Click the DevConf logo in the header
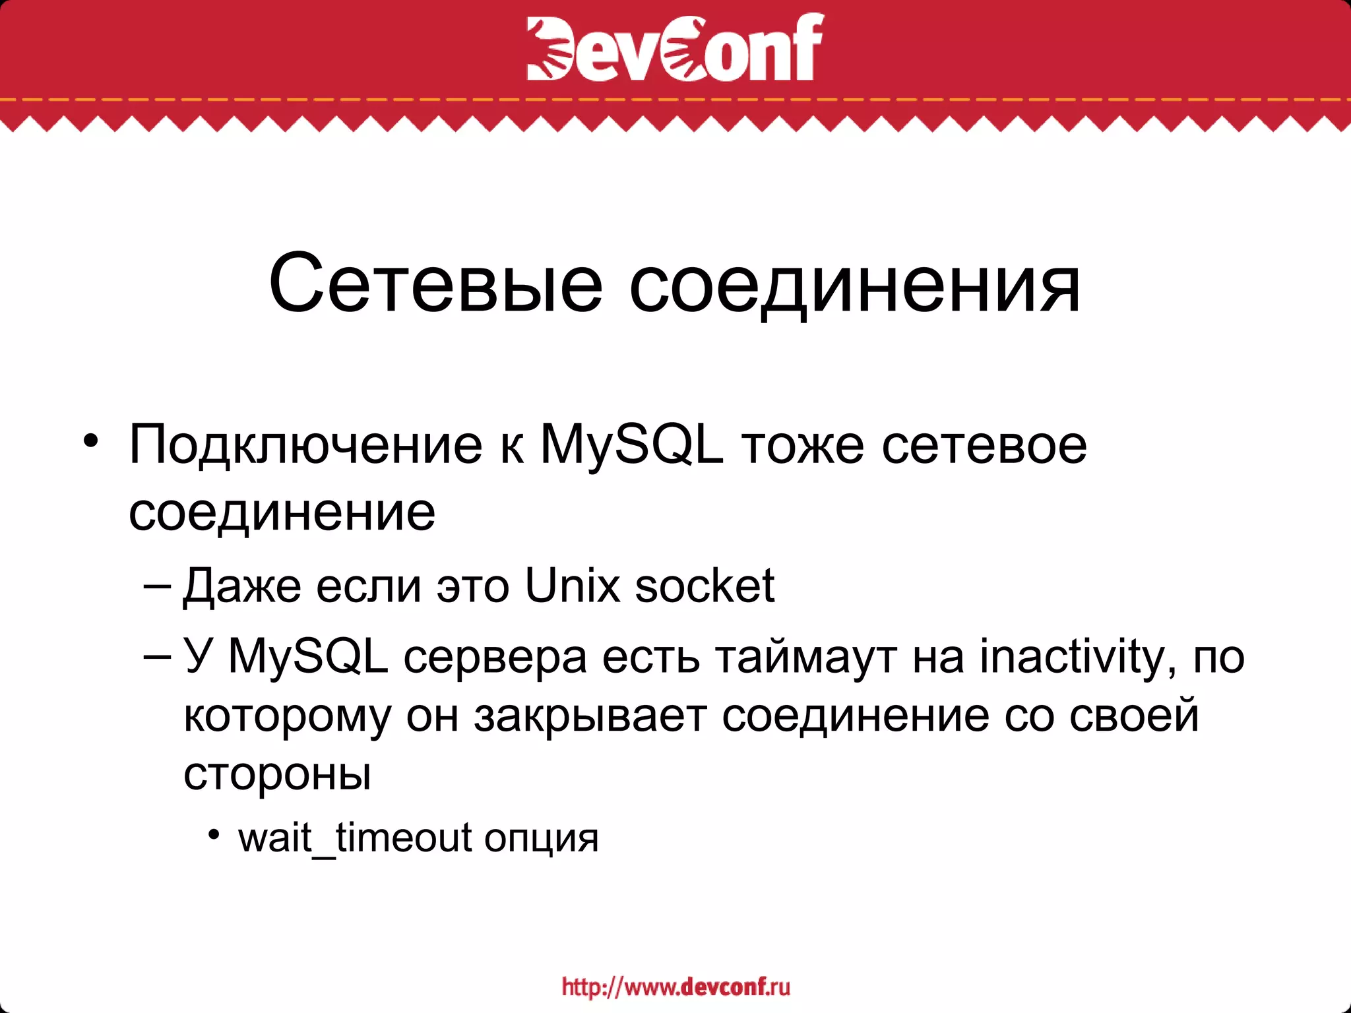tap(675, 47)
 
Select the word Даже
tap(242, 586)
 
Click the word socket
tap(704, 585)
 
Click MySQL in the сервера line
tap(308, 657)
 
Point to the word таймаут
tap(805, 657)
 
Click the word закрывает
tap(590, 716)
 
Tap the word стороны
tap(277, 774)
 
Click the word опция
tap(541, 838)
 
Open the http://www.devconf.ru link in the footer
tap(675, 987)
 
